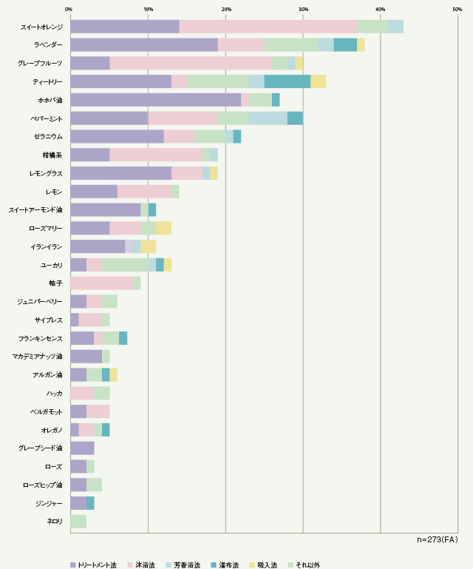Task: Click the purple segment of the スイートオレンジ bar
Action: [124, 27]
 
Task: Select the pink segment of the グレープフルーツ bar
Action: [191, 63]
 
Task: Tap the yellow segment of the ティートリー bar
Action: [318, 81]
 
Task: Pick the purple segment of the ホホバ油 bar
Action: [155, 100]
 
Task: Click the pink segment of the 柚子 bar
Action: [101, 283]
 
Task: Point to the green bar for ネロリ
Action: [78, 521]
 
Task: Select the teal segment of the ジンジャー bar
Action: [90, 503]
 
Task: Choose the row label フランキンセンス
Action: [41, 338]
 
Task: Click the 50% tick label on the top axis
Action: [457, 9]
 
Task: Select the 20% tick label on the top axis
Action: [225, 9]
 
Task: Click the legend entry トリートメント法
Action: [95, 565]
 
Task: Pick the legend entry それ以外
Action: [304, 565]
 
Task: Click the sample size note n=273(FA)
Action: [438, 540]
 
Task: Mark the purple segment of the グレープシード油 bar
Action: [82, 448]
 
